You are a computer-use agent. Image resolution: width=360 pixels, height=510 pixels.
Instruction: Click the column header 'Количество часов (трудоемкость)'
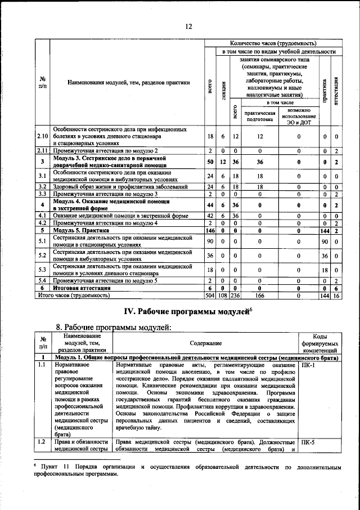273,43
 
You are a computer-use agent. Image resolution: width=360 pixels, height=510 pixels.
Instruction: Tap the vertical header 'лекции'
223,89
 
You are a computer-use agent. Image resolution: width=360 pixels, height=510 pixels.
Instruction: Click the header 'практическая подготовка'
259,116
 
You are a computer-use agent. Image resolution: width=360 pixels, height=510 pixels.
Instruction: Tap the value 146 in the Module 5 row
210,231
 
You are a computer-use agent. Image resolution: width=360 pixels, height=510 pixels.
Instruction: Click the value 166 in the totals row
259,294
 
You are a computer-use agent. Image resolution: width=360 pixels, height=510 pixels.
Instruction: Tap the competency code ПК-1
309,365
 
